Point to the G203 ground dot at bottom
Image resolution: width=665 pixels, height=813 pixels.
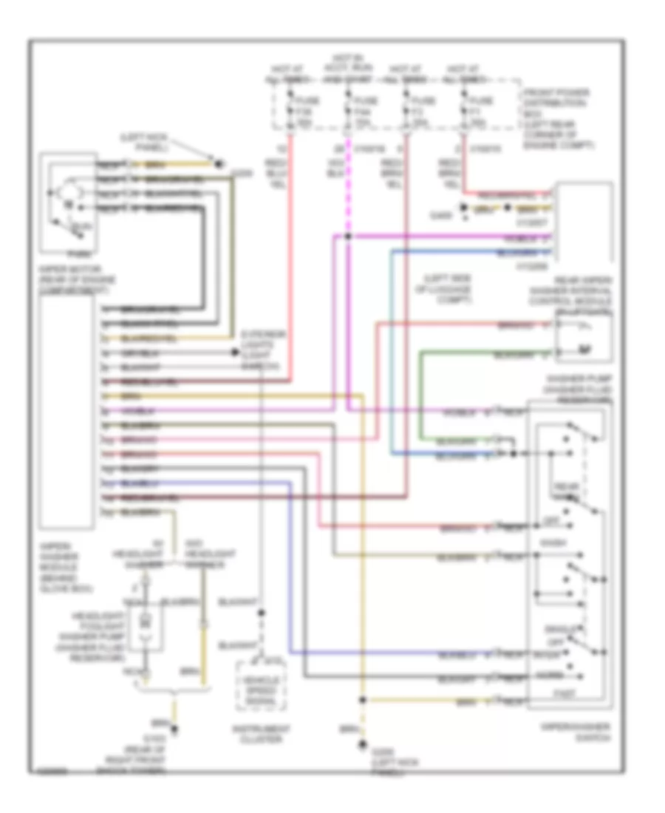361,744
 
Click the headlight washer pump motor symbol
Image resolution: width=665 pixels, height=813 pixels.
146,620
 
